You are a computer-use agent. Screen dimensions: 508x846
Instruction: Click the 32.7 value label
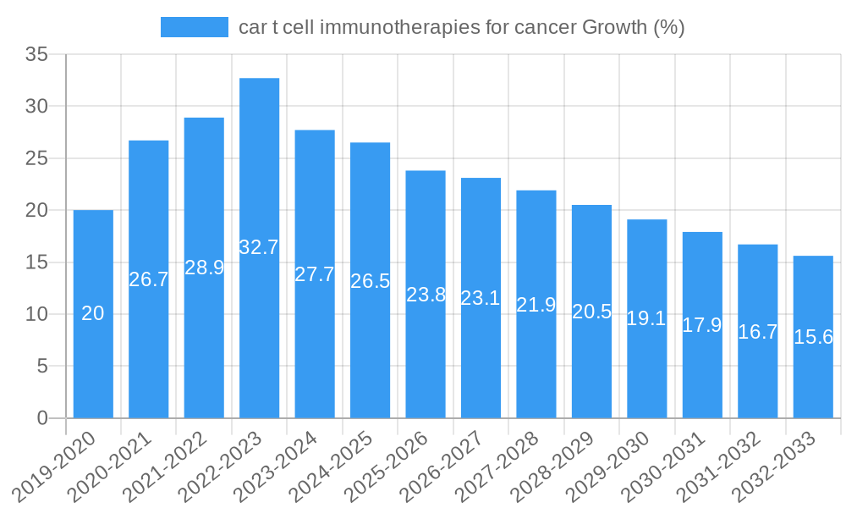click(259, 247)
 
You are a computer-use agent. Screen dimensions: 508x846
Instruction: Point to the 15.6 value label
click(813, 336)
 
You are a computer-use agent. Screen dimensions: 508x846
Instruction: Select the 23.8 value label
click(426, 295)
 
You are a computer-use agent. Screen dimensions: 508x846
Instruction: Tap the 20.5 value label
click(591, 311)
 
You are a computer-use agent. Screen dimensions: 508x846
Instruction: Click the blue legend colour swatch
click(195, 27)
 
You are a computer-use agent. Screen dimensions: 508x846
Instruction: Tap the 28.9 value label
click(204, 268)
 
